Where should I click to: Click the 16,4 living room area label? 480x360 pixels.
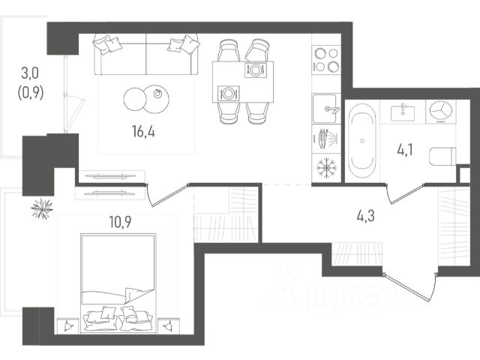click(x=143, y=132)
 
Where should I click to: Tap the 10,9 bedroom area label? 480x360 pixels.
click(x=120, y=222)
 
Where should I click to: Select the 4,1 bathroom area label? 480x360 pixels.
click(x=405, y=151)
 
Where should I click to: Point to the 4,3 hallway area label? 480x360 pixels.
click(x=365, y=216)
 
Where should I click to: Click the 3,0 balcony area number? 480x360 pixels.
click(x=30, y=73)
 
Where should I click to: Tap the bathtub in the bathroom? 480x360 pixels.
click(x=362, y=141)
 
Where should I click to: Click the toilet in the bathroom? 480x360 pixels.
click(x=442, y=157)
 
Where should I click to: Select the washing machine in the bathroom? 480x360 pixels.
click(x=441, y=112)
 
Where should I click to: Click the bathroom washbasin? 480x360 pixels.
click(x=403, y=112)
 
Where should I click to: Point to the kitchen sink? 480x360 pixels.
click(x=326, y=108)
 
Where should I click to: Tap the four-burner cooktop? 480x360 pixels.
click(x=326, y=60)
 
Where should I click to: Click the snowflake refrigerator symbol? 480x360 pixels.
click(x=326, y=168)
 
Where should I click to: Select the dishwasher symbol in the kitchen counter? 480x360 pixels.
click(x=326, y=139)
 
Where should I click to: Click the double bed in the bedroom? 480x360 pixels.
click(x=118, y=283)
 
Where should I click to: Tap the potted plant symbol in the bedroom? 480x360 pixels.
click(x=42, y=208)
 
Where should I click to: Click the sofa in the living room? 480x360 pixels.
click(x=146, y=55)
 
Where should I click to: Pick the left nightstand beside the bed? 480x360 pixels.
click(x=68, y=325)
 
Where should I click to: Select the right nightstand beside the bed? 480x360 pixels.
click(x=169, y=325)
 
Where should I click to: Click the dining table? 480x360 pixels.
click(x=243, y=82)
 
